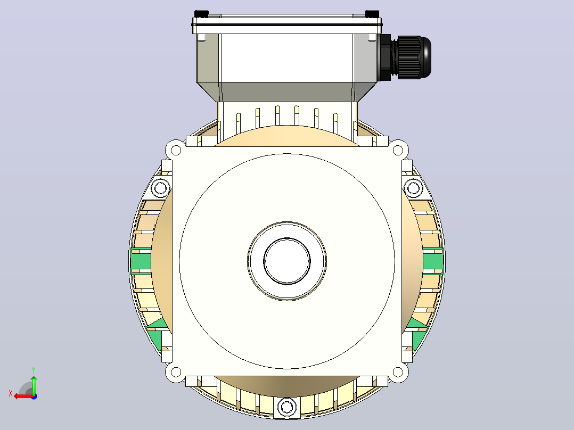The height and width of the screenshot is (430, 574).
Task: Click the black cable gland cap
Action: tap(414, 57)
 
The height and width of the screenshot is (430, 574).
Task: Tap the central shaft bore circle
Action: tap(287, 261)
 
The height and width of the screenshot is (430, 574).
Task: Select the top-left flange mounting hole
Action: tap(176, 150)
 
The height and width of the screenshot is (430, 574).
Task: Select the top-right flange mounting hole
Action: tap(398, 150)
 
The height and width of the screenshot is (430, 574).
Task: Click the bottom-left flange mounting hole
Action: tap(176, 373)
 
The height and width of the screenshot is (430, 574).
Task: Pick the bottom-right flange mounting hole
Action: tap(398, 373)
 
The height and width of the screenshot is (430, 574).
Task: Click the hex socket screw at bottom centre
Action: tap(286, 407)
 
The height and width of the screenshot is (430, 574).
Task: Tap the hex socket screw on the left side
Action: tap(160, 188)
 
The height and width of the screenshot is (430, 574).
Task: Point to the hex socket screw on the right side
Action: tap(414, 188)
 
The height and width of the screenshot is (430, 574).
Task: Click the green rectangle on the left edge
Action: tap(141, 261)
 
